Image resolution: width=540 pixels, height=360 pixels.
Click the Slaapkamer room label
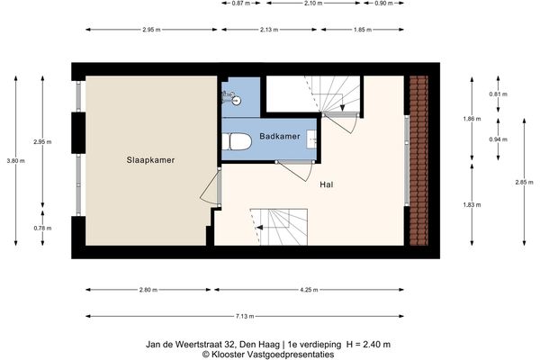pyautogui.click(x=149, y=160)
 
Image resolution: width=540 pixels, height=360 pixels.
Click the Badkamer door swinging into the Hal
pyautogui.click(x=296, y=168)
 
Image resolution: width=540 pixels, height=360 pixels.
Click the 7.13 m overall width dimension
pyautogui.click(x=244, y=317)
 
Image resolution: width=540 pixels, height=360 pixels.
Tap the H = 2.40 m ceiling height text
pyautogui.click(x=368, y=344)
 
